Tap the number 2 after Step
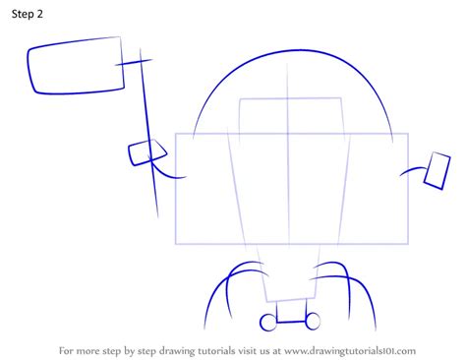[x=49, y=16]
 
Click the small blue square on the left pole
[x=146, y=151]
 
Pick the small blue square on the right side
[x=437, y=170]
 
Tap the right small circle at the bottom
[x=313, y=320]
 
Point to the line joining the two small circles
[x=291, y=321]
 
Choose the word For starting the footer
[x=69, y=349]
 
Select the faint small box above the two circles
[x=291, y=286]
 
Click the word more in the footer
[x=95, y=349]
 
